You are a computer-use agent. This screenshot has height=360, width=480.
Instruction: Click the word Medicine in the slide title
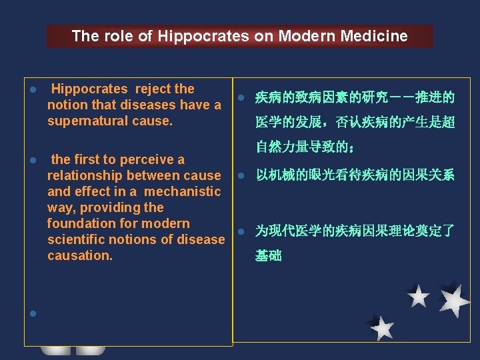point(376,36)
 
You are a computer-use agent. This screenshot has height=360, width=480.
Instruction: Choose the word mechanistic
point(182,191)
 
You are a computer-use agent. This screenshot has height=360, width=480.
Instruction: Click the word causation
point(80,255)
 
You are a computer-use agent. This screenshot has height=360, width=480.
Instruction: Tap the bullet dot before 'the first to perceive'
point(31,161)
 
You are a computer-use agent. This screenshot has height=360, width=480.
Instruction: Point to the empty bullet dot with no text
point(31,313)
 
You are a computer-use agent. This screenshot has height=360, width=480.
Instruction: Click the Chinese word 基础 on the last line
point(269,255)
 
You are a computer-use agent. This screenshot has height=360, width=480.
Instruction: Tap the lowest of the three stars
point(382,327)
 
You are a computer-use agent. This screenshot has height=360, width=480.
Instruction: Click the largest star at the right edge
point(455,301)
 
